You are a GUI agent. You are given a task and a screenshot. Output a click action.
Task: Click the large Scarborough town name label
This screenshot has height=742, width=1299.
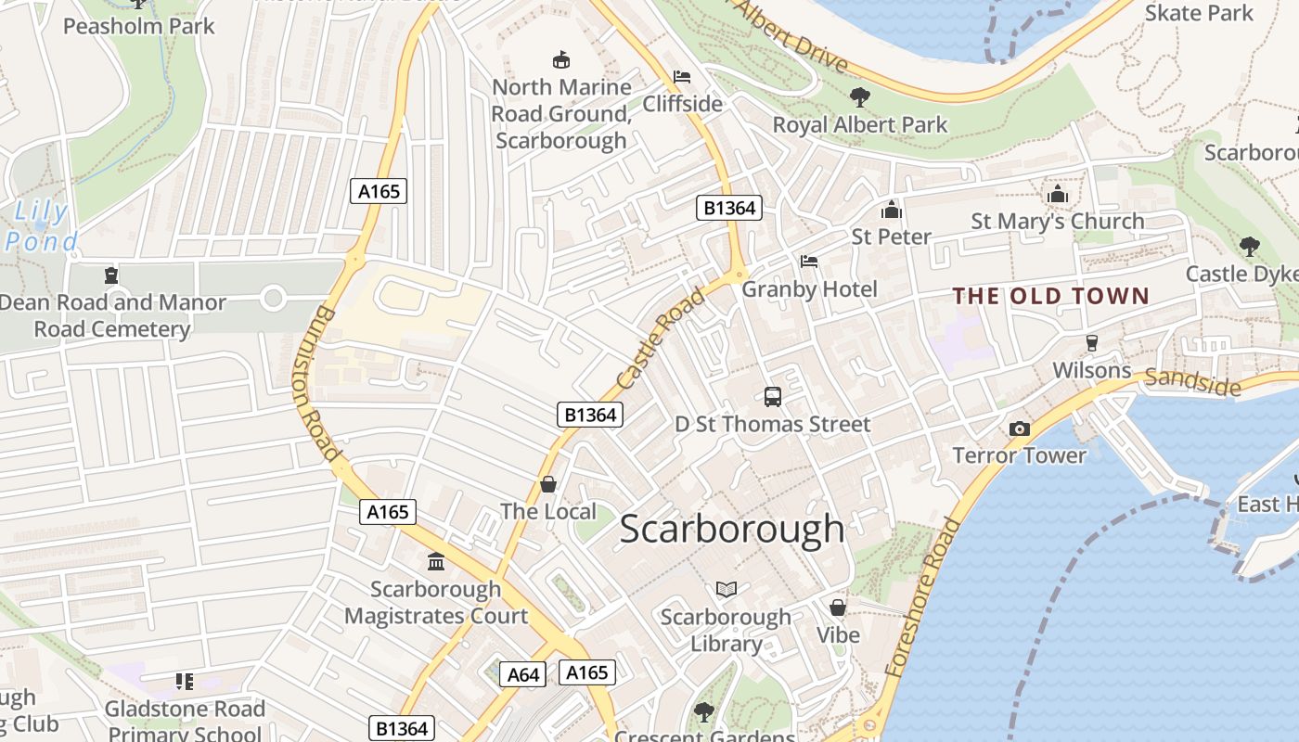point(732,529)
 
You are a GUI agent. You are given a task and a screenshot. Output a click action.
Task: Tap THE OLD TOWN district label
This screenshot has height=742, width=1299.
point(1051,297)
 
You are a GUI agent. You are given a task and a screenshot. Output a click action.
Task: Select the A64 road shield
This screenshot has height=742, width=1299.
point(523,674)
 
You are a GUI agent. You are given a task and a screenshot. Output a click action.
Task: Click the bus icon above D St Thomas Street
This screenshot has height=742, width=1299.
point(773,397)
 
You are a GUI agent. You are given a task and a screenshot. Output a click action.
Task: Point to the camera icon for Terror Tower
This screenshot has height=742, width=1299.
point(1019,429)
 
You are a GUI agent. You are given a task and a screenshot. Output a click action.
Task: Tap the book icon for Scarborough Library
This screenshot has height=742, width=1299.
point(726,589)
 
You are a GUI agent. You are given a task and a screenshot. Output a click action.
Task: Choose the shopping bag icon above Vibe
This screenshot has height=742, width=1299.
point(838,608)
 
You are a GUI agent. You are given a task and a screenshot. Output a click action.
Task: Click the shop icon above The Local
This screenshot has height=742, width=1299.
point(548,484)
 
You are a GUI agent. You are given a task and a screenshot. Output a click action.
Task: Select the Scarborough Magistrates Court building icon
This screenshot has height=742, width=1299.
point(436,561)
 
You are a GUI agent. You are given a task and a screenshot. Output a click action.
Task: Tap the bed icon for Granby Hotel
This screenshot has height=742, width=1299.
point(809,262)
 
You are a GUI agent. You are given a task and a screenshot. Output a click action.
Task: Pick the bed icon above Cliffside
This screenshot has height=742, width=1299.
point(682,76)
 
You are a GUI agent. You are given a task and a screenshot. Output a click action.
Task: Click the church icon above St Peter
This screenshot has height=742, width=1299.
point(892,210)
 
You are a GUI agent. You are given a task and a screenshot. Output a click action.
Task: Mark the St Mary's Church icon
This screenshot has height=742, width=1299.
point(1057,195)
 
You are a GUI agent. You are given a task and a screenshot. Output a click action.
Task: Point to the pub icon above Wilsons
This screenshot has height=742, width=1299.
point(1092,342)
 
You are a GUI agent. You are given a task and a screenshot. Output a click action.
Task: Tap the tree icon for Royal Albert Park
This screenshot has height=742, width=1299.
point(860,96)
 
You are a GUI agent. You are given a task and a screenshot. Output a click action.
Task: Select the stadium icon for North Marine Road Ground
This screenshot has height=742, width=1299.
point(561,60)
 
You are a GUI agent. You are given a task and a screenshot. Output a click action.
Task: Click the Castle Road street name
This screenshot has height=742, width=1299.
point(661,339)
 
